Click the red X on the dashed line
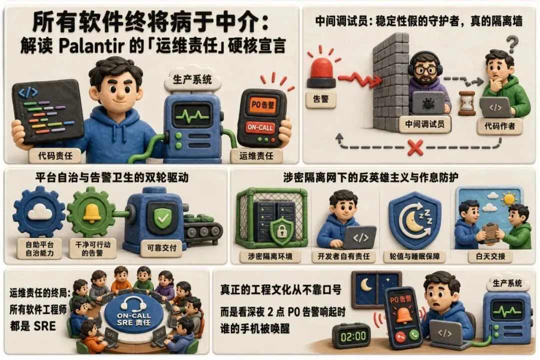[415, 147]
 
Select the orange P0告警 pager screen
[263, 104]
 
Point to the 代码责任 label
[55, 155]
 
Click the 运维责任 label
[256, 155]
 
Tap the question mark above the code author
[513, 44]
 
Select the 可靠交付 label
[161, 247]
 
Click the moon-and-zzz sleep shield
[415, 220]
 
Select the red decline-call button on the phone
[400, 336]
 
